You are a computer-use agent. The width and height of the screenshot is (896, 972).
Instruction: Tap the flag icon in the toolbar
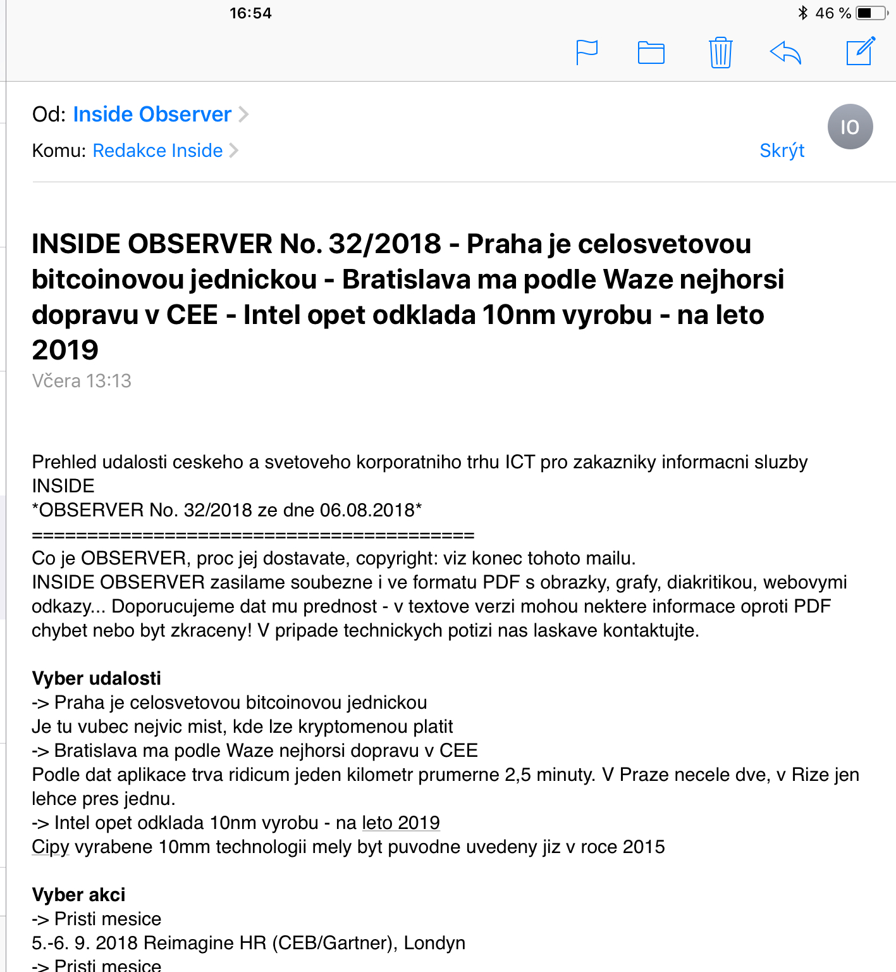[587, 52]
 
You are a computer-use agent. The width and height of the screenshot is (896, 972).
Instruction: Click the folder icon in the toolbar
[651, 53]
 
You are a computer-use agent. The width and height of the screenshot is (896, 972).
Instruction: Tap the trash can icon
[720, 53]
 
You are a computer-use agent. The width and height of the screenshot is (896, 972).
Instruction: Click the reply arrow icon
[785, 53]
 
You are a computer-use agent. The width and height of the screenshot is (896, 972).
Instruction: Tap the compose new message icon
[861, 51]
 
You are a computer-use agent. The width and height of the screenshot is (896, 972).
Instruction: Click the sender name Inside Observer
[152, 115]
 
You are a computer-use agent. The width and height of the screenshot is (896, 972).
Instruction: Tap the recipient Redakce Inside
[157, 151]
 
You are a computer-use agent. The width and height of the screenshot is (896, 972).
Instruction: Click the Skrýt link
[782, 151]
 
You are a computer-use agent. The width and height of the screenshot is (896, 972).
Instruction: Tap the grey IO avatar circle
[850, 127]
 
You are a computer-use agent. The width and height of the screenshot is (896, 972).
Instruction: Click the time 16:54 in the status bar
[250, 13]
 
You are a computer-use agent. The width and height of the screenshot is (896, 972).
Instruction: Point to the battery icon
[871, 13]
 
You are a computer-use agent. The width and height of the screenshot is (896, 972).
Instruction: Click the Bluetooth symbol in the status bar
[803, 13]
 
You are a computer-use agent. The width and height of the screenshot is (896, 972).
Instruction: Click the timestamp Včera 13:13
[82, 381]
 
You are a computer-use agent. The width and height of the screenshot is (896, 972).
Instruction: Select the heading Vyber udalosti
[96, 678]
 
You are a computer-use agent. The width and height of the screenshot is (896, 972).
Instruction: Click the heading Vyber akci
[78, 895]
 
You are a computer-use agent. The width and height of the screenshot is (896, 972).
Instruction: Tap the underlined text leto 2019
[401, 823]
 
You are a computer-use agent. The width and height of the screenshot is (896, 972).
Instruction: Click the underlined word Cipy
[50, 847]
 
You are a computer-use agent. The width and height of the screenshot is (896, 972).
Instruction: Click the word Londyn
[434, 943]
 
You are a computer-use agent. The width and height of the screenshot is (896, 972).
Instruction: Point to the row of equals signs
[253, 535]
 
